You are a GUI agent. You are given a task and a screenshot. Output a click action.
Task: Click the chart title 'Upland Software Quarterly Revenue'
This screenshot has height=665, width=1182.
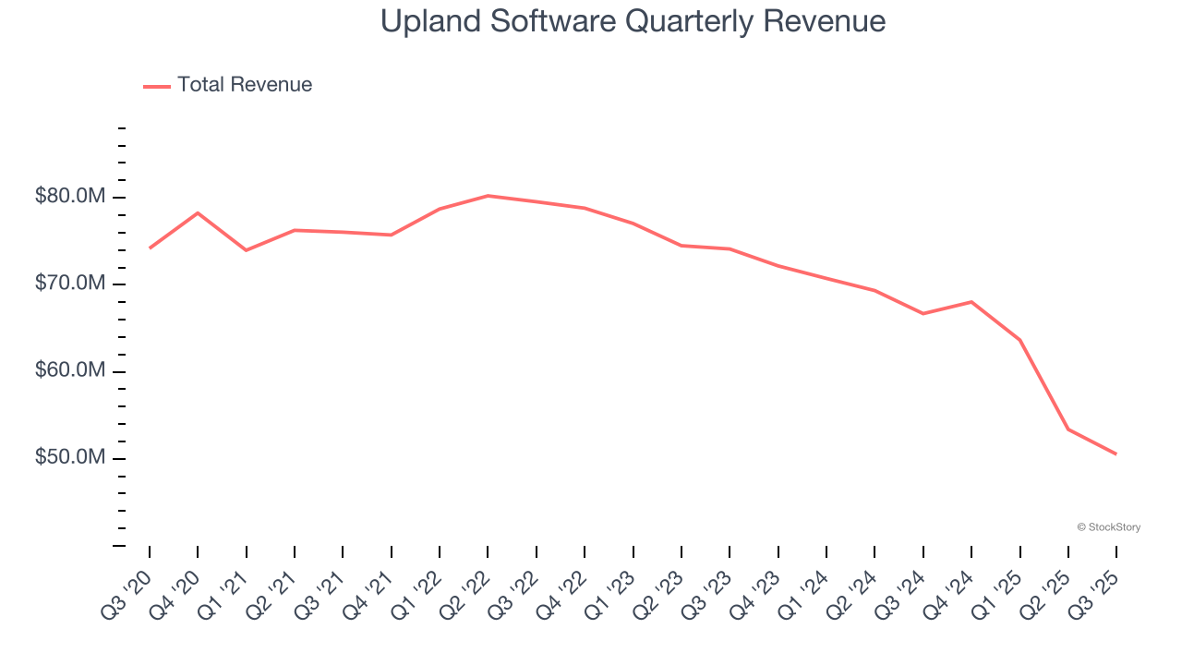coord(633,22)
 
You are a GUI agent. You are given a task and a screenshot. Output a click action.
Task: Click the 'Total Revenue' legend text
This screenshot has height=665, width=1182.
coord(245,85)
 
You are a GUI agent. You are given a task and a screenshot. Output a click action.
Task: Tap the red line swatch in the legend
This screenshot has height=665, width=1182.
coord(157,86)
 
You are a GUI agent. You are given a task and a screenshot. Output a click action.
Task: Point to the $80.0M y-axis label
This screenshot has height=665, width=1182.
coord(70,197)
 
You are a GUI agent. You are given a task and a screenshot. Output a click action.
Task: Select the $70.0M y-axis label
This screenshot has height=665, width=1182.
coord(70,284)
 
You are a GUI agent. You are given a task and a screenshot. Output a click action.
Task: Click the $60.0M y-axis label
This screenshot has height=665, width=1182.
coord(70,371)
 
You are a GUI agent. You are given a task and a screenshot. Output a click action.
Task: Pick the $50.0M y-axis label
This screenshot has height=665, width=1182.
coord(70,458)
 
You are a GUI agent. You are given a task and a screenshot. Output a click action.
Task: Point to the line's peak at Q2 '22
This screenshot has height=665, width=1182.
coord(488,196)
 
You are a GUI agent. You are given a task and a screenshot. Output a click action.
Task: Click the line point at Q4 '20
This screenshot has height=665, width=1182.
coord(198,213)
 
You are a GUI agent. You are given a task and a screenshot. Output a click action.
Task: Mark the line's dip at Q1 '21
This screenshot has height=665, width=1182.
coord(247,250)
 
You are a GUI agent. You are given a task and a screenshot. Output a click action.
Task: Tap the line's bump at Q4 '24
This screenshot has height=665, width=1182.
coord(971,302)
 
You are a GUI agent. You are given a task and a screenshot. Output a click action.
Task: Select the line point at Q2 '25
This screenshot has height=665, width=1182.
coord(1068,429)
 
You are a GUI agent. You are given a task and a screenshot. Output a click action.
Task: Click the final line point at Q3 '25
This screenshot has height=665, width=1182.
coord(1116,453)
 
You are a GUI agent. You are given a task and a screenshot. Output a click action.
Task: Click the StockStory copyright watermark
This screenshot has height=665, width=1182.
coord(1108,527)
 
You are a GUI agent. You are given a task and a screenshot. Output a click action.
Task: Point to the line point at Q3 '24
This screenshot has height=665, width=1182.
coord(923,314)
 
